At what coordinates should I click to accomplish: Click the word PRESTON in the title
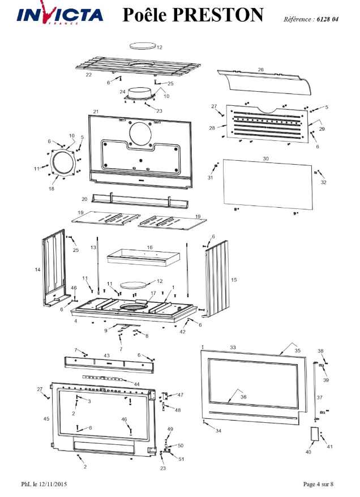218,15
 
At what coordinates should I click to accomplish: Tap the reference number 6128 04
327,19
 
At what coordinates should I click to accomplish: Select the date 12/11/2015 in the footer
53,484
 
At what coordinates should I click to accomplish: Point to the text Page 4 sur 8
318,484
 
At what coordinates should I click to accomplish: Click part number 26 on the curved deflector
261,70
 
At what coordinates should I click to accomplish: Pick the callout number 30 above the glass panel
266,158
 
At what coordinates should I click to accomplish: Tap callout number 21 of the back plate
96,112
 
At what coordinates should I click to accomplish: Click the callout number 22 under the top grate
89,75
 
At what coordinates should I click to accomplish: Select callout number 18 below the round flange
52,188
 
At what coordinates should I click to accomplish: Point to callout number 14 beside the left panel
38,269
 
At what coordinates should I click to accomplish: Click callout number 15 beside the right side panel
234,280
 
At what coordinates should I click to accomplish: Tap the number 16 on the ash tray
149,247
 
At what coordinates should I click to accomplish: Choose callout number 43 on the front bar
107,355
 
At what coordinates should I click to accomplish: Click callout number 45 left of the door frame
46,419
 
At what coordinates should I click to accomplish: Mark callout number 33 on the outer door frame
233,348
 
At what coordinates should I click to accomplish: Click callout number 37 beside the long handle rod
319,397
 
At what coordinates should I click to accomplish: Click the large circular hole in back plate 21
140,133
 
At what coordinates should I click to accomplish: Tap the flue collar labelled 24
139,94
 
